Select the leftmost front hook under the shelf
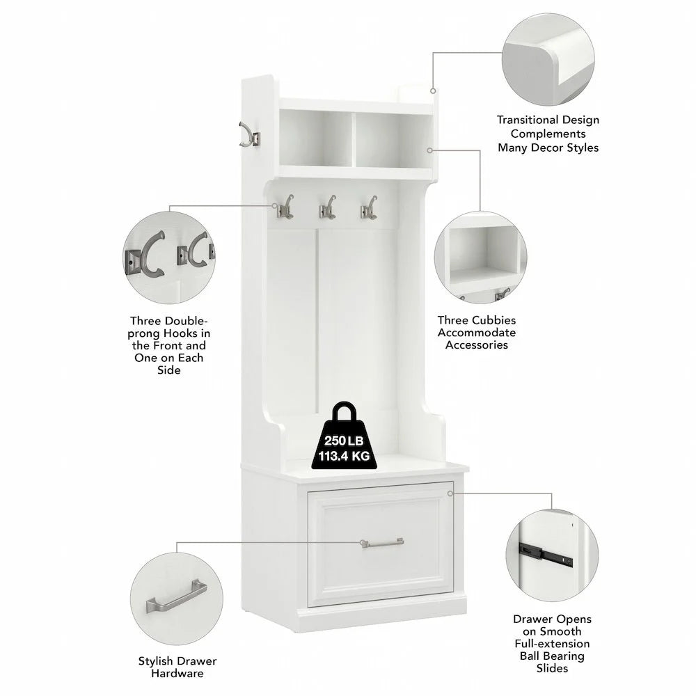(x=285, y=207)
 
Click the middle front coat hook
(x=327, y=207)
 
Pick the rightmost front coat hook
(x=369, y=207)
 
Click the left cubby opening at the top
(x=315, y=139)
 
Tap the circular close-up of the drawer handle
(x=177, y=599)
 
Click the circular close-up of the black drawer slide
(x=552, y=555)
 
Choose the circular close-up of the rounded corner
(x=548, y=59)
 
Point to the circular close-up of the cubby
(x=481, y=258)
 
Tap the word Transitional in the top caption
(x=528, y=120)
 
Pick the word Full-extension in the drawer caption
(x=552, y=644)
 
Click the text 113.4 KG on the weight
(x=344, y=456)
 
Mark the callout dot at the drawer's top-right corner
(x=450, y=493)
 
